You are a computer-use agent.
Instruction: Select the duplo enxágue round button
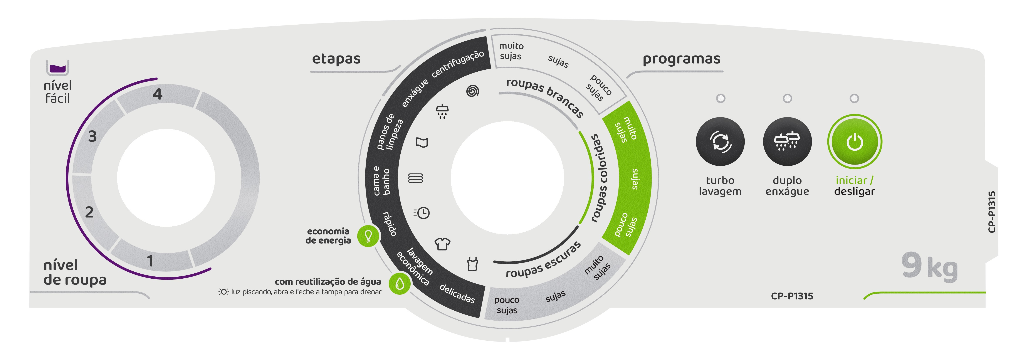coord(787,142)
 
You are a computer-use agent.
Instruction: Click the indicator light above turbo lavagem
coord(720,98)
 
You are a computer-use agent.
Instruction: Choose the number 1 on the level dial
coord(150,261)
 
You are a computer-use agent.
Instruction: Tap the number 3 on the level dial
coord(92,136)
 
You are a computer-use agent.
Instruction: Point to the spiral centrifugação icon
coord(472,91)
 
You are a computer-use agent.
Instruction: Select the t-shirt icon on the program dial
coord(442,244)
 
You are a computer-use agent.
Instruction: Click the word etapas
coord(336,59)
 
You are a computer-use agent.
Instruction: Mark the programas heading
coord(681,59)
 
